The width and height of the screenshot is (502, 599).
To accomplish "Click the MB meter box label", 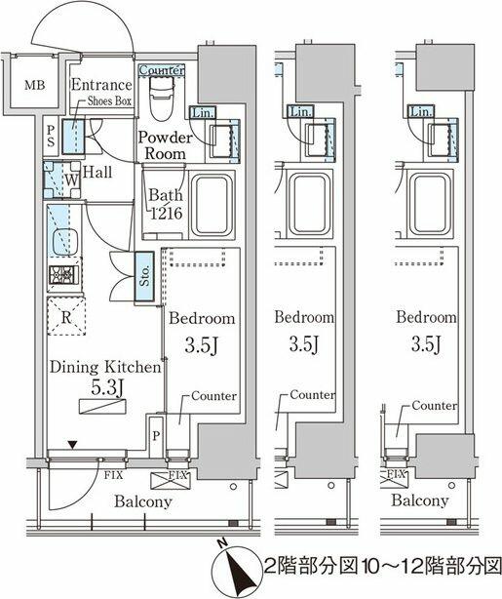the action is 35,85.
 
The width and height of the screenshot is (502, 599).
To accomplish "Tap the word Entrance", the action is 101,85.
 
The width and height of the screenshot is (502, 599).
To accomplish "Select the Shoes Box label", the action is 109,100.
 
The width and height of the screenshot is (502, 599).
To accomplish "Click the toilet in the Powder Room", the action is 162,98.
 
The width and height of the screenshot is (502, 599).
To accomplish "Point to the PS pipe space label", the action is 51,136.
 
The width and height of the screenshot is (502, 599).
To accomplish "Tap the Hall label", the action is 97,172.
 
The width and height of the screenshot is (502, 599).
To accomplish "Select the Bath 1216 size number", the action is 167,214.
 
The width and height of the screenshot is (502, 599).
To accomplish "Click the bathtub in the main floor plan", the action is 212,205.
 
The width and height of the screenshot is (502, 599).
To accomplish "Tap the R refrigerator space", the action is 66,317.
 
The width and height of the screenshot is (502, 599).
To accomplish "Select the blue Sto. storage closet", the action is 144,276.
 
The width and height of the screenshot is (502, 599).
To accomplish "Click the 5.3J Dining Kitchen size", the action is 106,388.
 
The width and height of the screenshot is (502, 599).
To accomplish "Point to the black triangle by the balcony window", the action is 72,444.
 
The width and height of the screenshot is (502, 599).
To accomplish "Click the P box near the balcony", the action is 156,436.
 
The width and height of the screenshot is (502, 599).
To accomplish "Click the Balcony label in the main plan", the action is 142,501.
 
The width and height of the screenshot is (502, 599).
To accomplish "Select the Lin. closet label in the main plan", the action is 203,113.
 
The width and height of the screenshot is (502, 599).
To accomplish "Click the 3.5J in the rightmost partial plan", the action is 427,343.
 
